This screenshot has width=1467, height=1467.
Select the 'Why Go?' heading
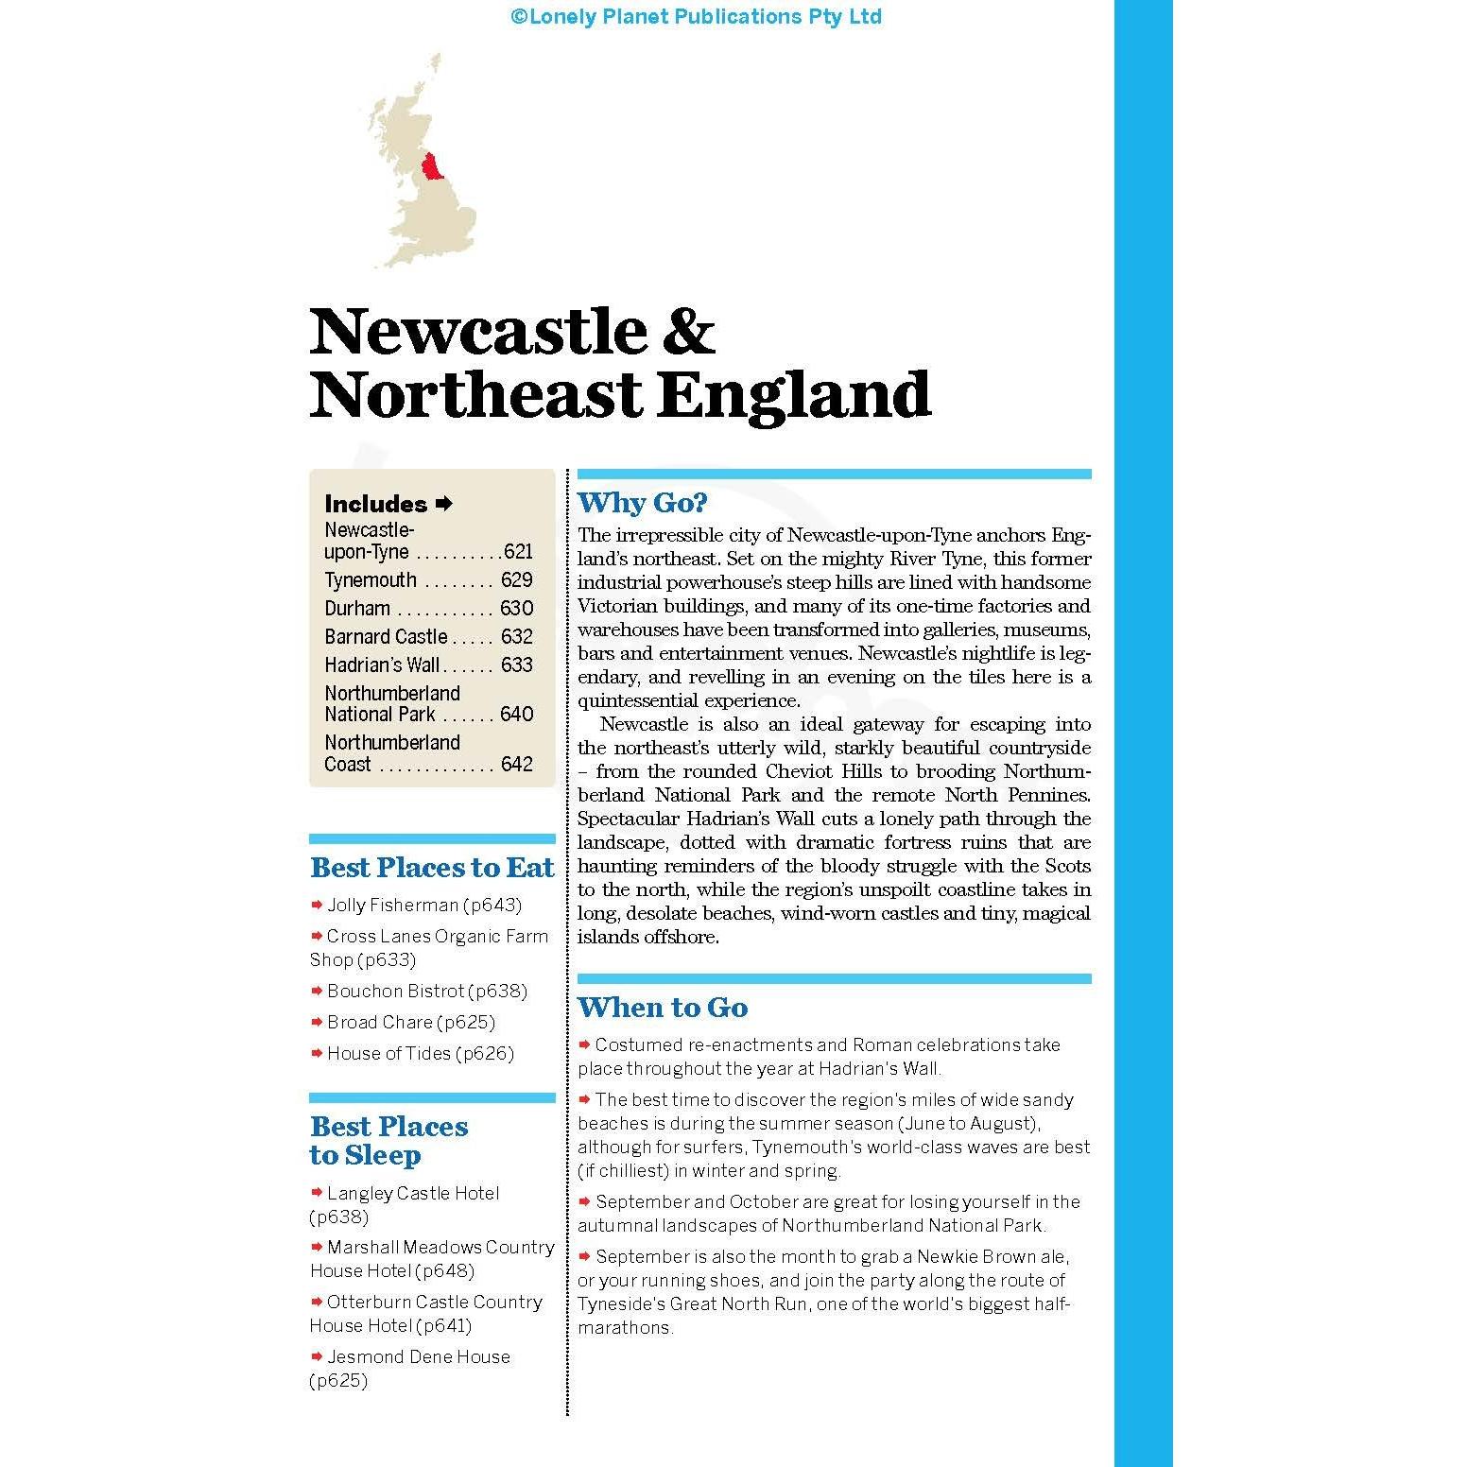click(642, 503)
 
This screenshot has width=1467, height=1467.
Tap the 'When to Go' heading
click(663, 1008)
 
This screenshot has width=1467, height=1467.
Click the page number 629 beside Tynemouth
click(517, 580)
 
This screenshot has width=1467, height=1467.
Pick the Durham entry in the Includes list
click(357, 609)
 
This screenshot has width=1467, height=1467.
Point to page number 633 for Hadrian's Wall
click(517, 665)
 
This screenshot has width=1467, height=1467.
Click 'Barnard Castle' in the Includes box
click(386, 637)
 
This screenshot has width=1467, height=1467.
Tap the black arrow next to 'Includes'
click(445, 504)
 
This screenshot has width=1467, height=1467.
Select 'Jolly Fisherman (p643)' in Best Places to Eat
click(424, 906)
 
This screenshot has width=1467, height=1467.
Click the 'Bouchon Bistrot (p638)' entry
click(427, 992)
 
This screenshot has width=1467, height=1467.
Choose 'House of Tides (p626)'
click(421, 1054)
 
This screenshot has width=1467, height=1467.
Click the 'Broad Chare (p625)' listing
click(411, 1023)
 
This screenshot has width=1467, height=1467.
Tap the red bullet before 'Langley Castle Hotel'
click(317, 1193)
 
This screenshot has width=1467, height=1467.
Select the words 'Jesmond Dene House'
click(419, 1357)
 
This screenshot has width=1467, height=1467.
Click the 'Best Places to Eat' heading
click(432, 868)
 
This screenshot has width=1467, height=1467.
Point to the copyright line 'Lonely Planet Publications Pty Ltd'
click(696, 17)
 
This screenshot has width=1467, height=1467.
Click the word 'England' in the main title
click(794, 395)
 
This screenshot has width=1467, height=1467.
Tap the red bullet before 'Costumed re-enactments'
click(585, 1044)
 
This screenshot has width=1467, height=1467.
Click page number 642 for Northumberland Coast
click(517, 765)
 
